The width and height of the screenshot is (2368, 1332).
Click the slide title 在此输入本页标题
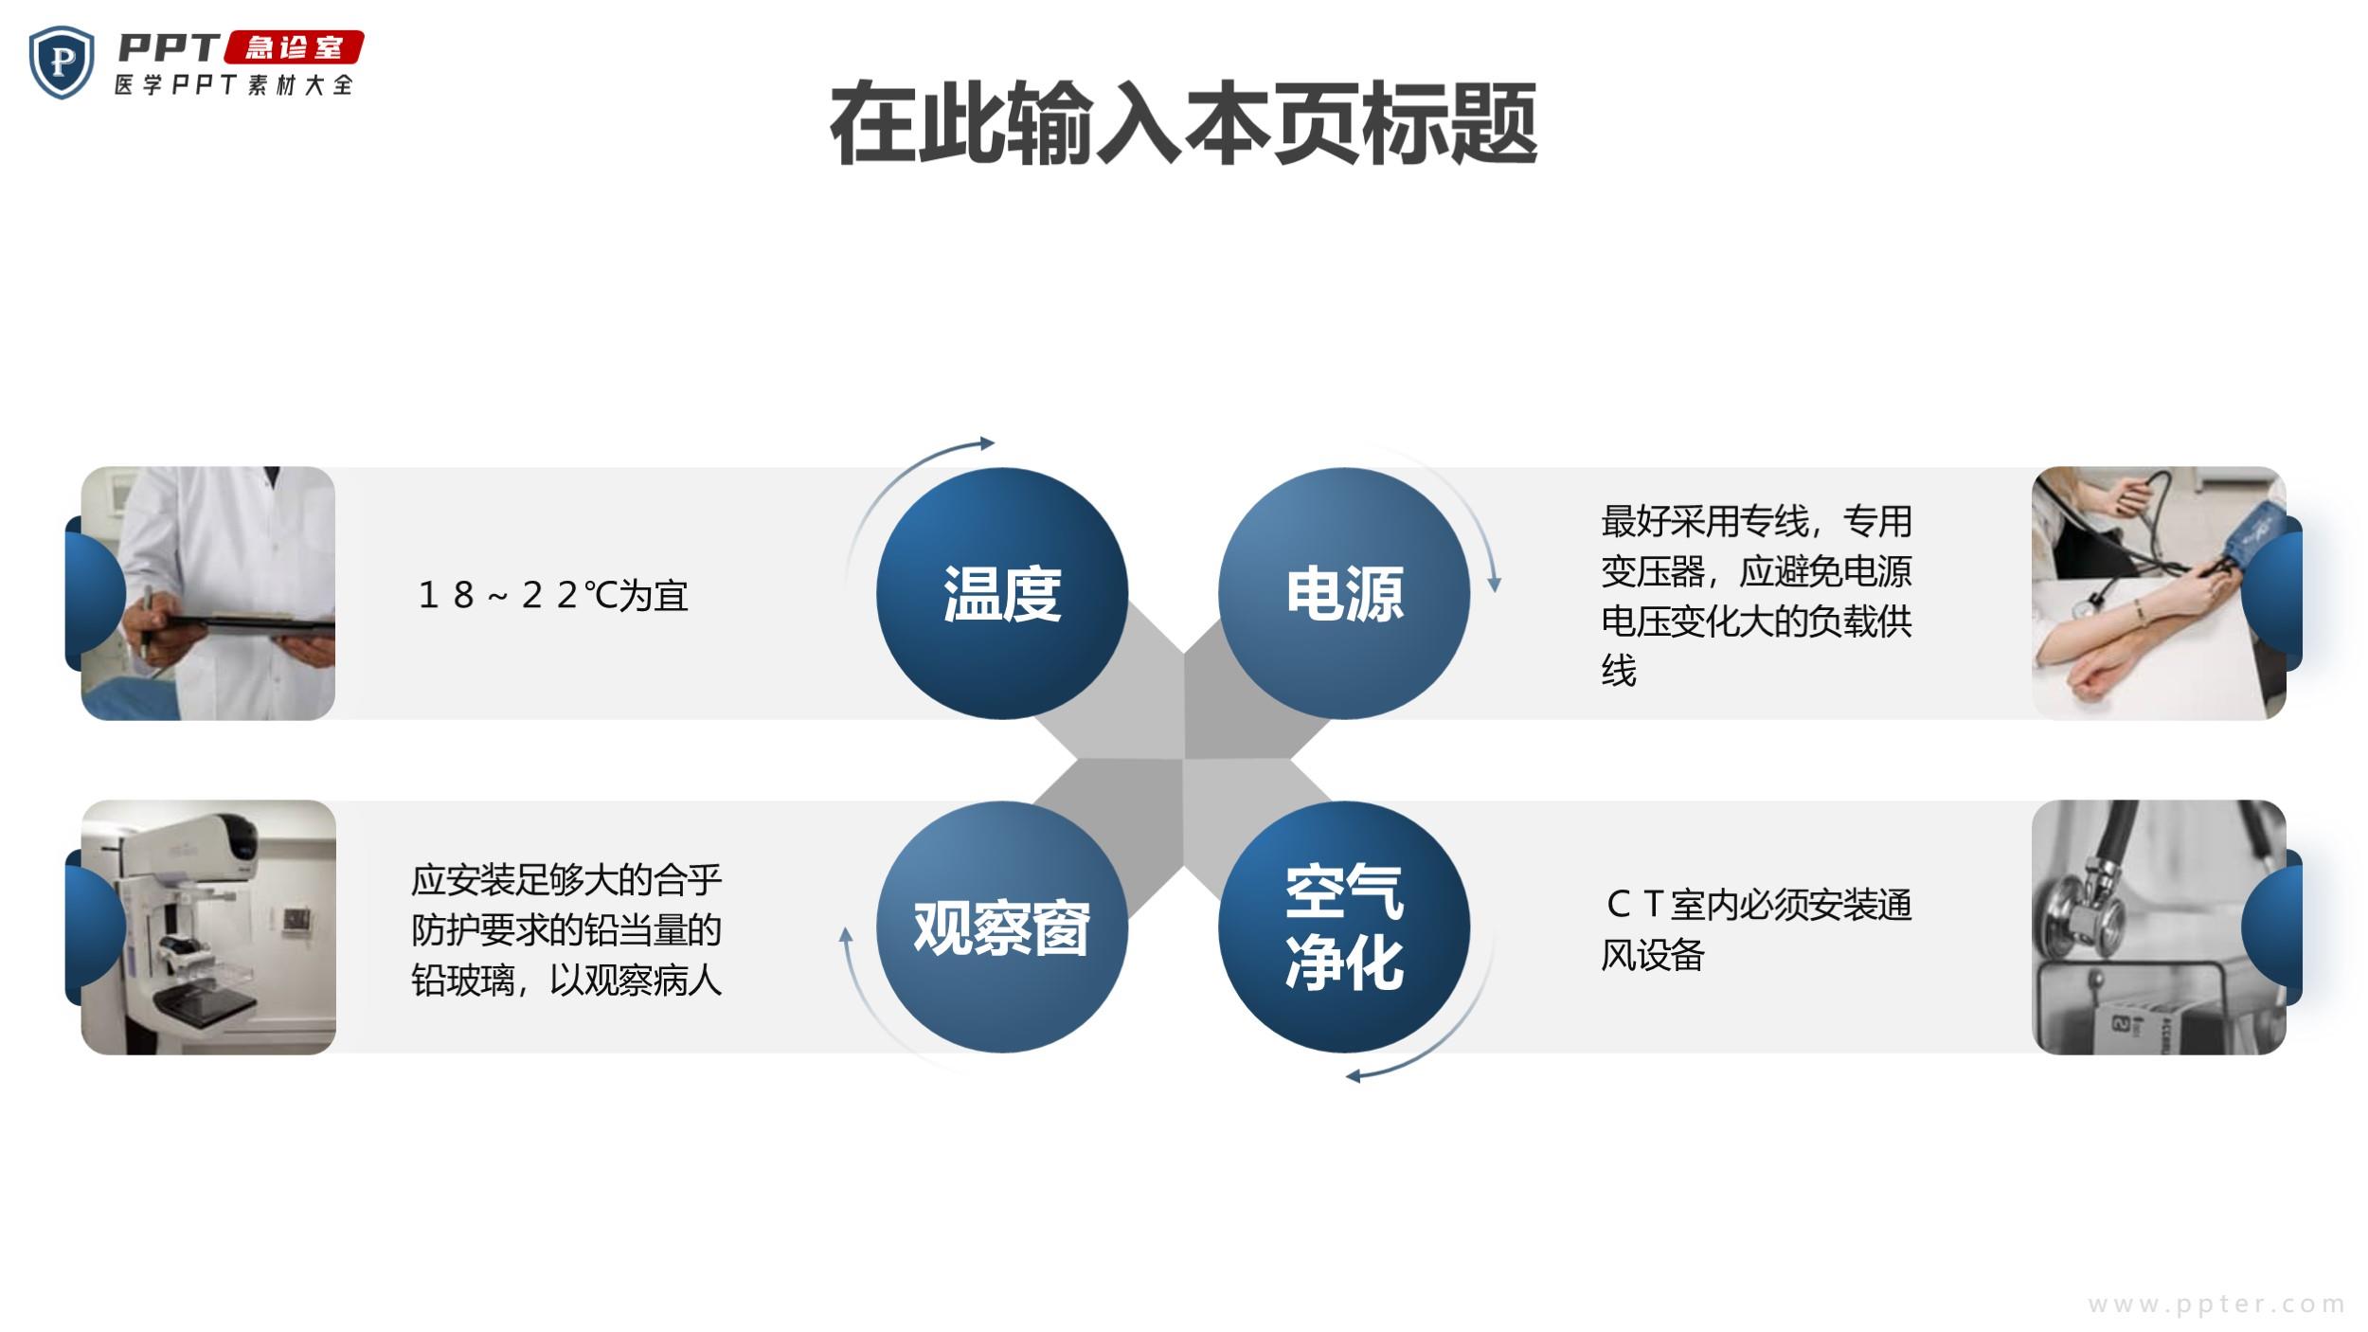[x=1183, y=124]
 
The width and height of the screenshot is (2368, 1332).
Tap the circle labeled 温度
[x=1002, y=593]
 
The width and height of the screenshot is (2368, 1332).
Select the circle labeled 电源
[x=1344, y=593]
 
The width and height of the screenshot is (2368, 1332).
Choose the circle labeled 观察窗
[x=1002, y=927]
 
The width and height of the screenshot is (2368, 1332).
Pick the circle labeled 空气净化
[x=1344, y=927]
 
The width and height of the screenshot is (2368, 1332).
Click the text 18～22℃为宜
[x=553, y=595]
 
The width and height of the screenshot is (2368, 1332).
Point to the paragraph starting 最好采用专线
[x=1756, y=595]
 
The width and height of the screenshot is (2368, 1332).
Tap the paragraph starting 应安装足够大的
[x=566, y=930]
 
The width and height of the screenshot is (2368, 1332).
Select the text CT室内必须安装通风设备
[x=1756, y=929]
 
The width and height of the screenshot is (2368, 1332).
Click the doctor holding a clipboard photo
[x=208, y=593]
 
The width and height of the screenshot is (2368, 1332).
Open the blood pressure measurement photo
[x=2159, y=593]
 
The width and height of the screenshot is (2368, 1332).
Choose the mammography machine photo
[x=208, y=927]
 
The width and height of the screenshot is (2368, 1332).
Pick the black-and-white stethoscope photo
[x=2159, y=927]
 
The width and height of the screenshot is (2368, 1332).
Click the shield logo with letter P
[x=62, y=63]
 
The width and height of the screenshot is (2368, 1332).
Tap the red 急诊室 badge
[x=294, y=47]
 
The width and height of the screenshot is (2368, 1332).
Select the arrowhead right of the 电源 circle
[x=1494, y=583]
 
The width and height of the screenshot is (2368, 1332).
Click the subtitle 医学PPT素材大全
[x=234, y=84]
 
